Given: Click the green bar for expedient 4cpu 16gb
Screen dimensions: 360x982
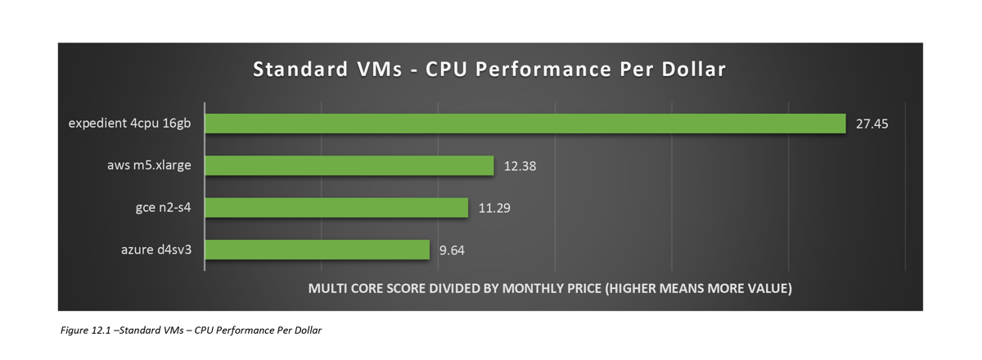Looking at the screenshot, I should pyautogui.click(x=525, y=124).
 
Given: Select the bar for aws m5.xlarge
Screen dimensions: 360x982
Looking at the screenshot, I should pyautogui.click(x=349, y=165).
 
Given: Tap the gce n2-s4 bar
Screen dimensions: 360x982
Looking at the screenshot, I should pyautogui.click(x=336, y=208).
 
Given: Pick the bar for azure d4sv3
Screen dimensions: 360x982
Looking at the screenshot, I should pyautogui.click(x=317, y=250).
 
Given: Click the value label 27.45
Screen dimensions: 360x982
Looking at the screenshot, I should pyautogui.click(x=872, y=124).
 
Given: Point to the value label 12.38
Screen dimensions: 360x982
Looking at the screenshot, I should pyautogui.click(x=520, y=166).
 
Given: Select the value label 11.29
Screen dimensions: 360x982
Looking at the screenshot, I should pyautogui.click(x=494, y=208).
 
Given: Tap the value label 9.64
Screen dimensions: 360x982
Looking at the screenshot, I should pyautogui.click(x=452, y=250).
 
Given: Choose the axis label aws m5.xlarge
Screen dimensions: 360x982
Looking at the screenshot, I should pyautogui.click(x=150, y=165).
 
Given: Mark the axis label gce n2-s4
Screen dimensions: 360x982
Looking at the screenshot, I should pyautogui.click(x=164, y=208).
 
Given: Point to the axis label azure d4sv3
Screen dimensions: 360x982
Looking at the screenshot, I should pyautogui.click(x=155, y=250).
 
